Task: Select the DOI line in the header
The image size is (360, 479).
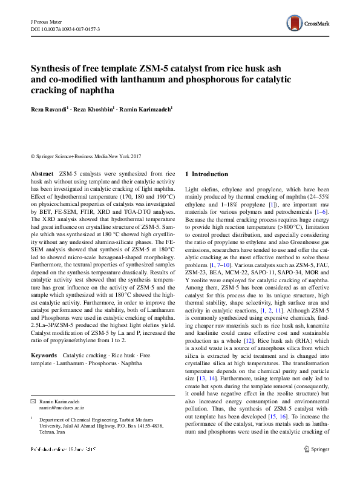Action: tap(65, 28)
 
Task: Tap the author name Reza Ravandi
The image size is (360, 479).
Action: tap(50, 109)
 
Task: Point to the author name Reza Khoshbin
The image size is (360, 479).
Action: tap(94, 109)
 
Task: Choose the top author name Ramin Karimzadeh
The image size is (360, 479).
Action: tap(148, 109)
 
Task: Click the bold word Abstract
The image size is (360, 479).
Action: tap(42, 173)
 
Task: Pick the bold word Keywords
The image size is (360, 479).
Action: tap(44, 354)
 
